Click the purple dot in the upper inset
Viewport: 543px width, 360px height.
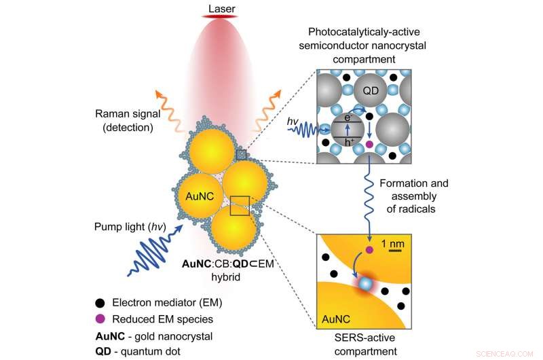click(x=369, y=144)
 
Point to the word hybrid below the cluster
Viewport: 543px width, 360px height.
click(x=222, y=277)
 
